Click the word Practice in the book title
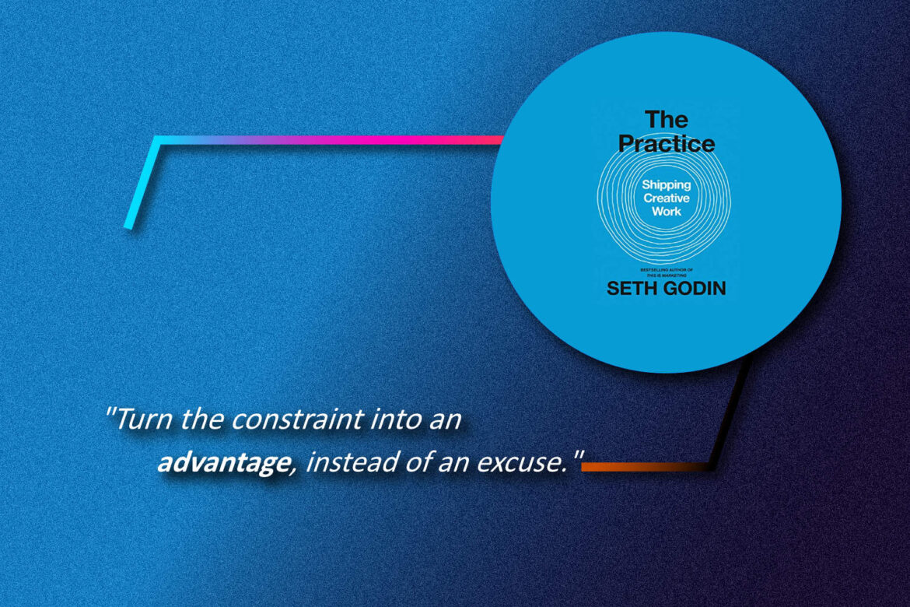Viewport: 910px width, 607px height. [666, 144]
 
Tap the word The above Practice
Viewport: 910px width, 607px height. [666, 120]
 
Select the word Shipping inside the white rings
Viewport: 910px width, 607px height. [666, 185]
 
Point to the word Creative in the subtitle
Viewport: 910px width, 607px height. [666, 198]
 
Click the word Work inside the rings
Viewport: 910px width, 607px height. [666, 210]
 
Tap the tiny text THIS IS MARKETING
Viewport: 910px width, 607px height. [666, 273]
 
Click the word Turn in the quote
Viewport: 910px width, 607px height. [146, 420]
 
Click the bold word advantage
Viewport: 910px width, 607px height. [221, 464]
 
